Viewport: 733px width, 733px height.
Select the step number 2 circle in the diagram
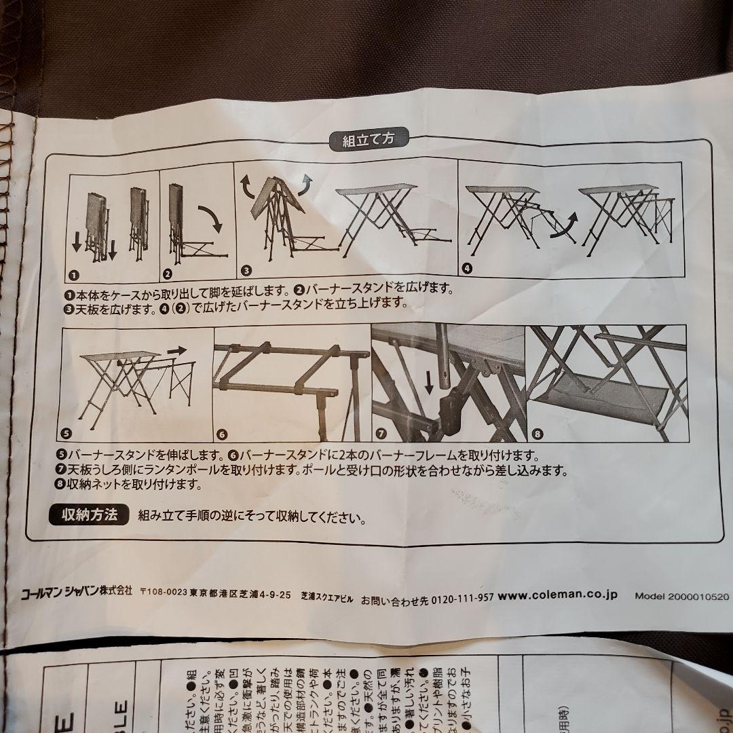(x=168, y=274)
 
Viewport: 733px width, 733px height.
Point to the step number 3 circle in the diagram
(x=247, y=269)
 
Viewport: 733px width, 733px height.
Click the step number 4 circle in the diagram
(x=466, y=267)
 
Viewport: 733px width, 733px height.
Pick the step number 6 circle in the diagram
(x=223, y=434)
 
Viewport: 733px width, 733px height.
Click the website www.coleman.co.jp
(x=558, y=595)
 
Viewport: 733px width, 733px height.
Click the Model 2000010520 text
(x=681, y=597)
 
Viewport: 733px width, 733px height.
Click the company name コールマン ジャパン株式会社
(x=76, y=591)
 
